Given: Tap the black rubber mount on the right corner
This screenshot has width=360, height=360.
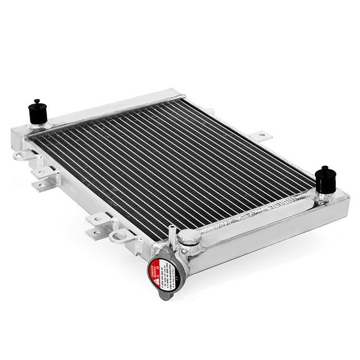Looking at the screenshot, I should (x=325, y=181).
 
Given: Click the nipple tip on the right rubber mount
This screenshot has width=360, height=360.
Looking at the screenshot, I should (x=325, y=168).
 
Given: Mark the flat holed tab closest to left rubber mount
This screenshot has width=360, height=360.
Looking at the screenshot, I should (x=42, y=179).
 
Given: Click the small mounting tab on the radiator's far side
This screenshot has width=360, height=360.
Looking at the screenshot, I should (x=261, y=135).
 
